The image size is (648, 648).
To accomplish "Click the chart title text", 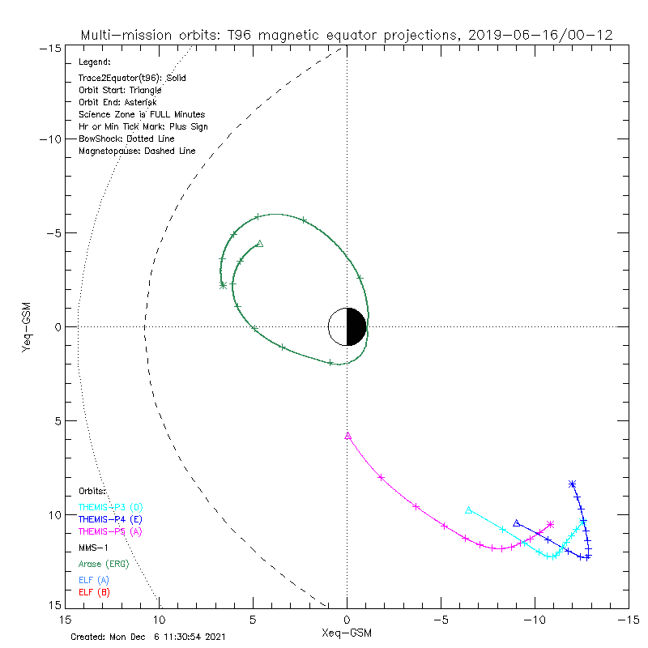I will pos(346,35).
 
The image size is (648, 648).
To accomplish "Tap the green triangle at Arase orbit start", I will pos(259,243).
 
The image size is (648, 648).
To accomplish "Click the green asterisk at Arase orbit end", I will pos(223,285).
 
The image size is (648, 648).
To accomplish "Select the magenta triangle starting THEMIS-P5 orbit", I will pos(348,436).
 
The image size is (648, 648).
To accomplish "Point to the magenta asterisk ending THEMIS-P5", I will pos(551,525).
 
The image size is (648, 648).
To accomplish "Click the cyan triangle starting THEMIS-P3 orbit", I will pos(469,509).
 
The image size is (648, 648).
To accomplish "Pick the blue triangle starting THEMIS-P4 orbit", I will pos(517,523).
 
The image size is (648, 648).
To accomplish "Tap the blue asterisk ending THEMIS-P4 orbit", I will pos(573,484).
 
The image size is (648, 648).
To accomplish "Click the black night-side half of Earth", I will pos(357,327).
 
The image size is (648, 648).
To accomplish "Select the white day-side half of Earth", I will pos(338,327).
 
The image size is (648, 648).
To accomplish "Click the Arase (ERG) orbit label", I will pos(103,564).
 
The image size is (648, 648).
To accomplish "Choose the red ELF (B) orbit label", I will pos(94,592).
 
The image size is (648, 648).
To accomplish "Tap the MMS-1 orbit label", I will pos(93,547).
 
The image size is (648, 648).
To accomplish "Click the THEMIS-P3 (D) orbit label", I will pos(110,507).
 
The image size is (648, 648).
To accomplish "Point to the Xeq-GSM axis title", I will pos(347,631).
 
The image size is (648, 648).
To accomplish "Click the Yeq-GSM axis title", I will pos(28,327).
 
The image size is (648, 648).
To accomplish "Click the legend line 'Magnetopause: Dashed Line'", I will pos(137,151).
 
